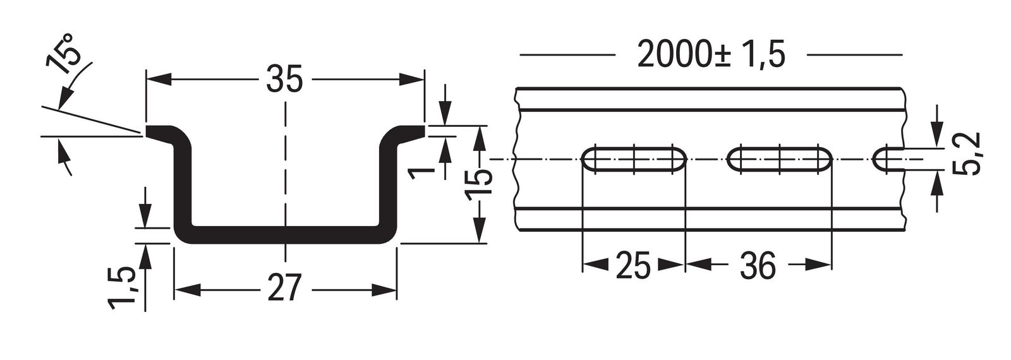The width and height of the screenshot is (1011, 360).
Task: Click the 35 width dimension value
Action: click(284, 79)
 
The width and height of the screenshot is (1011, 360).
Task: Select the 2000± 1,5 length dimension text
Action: click(711, 55)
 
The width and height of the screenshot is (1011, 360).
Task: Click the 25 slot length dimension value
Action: click(633, 267)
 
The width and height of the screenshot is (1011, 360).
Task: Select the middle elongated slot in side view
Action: click(780, 159)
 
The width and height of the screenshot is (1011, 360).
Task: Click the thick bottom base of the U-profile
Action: click(284, 234)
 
